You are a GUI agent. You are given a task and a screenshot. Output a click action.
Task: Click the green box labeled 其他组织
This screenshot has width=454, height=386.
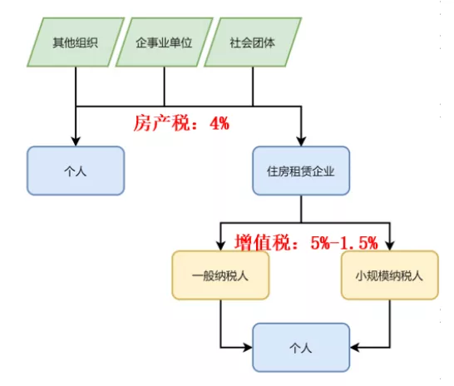(76, 42)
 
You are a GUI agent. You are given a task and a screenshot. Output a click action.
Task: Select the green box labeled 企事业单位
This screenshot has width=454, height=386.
(165, 42)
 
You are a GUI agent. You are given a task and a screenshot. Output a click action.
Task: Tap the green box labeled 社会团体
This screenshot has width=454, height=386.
(253, 42)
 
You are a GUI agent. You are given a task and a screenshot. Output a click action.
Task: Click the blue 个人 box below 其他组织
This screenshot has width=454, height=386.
(76, 171)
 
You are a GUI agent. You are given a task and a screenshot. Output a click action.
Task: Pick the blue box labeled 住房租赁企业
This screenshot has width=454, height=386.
(301, 171)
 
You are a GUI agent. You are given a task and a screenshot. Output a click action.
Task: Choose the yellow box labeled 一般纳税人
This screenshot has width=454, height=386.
(220, 275)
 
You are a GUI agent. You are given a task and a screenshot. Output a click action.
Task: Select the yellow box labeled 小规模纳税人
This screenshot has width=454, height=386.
(390, 275)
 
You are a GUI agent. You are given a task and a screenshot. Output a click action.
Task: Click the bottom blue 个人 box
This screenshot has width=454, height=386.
(301, 348)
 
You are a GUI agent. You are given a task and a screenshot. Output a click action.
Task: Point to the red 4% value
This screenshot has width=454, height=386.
(220, 123)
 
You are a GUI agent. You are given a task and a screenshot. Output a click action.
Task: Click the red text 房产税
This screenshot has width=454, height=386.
(161, 123)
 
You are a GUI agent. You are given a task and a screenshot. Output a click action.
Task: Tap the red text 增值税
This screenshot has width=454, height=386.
(262, 242)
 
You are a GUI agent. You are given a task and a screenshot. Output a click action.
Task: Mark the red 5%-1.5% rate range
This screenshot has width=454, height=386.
(344, 243)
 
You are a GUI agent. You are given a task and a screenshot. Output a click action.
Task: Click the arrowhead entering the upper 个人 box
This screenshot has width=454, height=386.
(76, 141)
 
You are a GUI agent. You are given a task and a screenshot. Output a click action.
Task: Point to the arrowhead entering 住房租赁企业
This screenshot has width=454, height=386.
(301, 141)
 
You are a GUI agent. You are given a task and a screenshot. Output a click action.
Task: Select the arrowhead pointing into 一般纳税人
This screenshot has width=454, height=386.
(220, 246)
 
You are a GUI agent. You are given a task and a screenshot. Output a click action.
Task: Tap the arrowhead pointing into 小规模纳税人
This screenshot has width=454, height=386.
(390, 246)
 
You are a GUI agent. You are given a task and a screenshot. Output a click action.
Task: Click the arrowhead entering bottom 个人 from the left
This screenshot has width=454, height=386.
(248, 348)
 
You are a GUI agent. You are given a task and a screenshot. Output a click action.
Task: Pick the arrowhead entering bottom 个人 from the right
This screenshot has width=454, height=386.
(355, 348)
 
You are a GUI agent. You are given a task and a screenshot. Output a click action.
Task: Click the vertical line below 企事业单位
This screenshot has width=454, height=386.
(165, 87)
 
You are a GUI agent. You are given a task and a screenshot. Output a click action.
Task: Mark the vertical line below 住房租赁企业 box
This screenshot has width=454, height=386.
(301, 209)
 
